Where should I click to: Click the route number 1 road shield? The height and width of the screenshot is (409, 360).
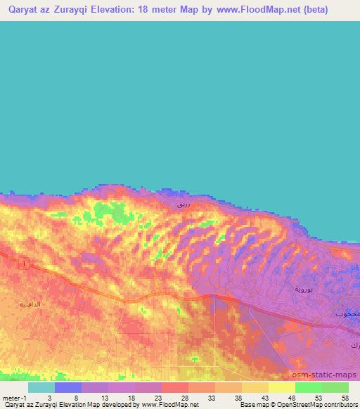[25, 263]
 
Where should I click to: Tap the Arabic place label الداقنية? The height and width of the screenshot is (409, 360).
[32, 304]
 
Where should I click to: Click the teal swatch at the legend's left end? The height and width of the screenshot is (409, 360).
[41, 387]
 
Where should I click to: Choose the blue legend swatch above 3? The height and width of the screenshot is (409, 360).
[68, 387]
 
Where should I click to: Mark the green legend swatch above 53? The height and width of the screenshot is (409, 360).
[308, 387]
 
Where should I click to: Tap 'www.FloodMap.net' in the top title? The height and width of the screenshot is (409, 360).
[246, 11]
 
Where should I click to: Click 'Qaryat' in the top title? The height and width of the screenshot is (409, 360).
[23, 11]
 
